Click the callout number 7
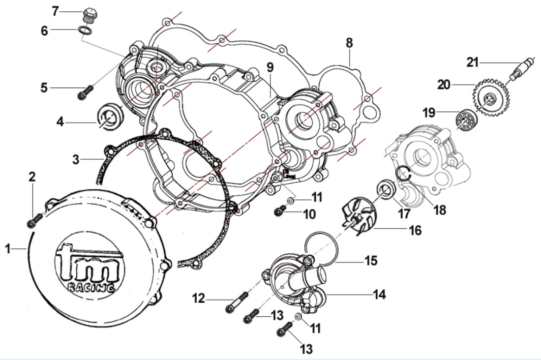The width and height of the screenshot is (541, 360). [55, 10]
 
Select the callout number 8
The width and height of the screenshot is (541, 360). [349, 43]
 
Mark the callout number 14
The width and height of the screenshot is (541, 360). [378, 295]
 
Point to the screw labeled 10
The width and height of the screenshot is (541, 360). [280, 211]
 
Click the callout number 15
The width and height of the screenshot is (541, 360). [370, 260]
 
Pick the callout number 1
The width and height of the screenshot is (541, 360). [7, 249]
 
